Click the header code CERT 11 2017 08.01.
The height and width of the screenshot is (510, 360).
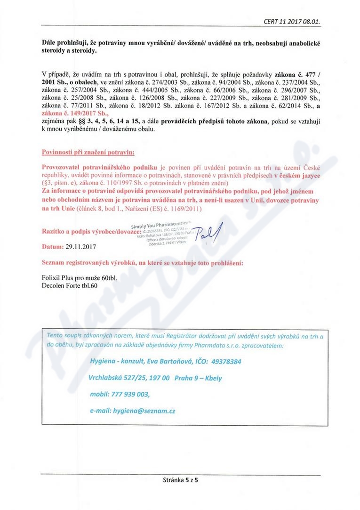tap(293, 22)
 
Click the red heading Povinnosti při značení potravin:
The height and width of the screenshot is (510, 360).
tap(88, 153)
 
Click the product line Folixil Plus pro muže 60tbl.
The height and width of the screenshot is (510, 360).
tap(80, 278)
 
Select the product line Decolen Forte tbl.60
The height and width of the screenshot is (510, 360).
tap(70, 285)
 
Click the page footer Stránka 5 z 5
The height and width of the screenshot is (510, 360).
tap(181, 481)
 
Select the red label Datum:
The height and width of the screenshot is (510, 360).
tap(53, 246)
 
